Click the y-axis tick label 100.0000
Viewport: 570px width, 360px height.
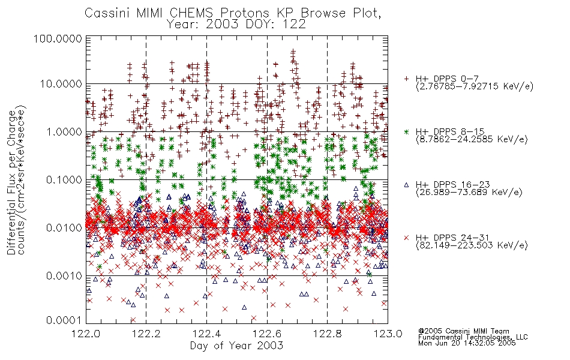pyautogui.click(x=58, y=38)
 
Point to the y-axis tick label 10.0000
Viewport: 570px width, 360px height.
pyautogui.click(x=61, y=84)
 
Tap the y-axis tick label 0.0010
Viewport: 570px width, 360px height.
pyautogui.click(x=64, y=276)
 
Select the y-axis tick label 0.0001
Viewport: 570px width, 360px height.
pyautogui.click(x=64, y=320)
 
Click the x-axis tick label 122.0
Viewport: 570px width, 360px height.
pyautogui.click(x=86, y=334)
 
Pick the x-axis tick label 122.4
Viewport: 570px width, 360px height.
pyautogui.click(x=206, y=334)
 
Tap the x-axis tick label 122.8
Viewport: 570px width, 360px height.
pyautogui.click(x=327, y=334)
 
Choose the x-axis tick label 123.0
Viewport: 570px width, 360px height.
pyautogui.click(x=388, y=334)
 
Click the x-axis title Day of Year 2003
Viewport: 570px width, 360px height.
pyautogui.click(x=236, y=346)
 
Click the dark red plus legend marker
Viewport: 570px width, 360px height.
pyautogui.click(x=407, y=79)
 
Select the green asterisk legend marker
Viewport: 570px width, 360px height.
pyautogui.click(x=407, y=131)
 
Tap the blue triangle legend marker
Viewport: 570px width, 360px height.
pyautogui.click(x=407, y=185)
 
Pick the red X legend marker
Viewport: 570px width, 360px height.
pyautogui.click(x=407, y=238)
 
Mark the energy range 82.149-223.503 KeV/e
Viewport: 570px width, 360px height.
pyautogui.click(x=472, y=245)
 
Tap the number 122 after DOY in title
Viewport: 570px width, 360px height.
pyautogui.click(x=294, y=25)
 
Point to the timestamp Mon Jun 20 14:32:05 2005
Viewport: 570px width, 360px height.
pyautogui.click(x=467, y=343)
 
